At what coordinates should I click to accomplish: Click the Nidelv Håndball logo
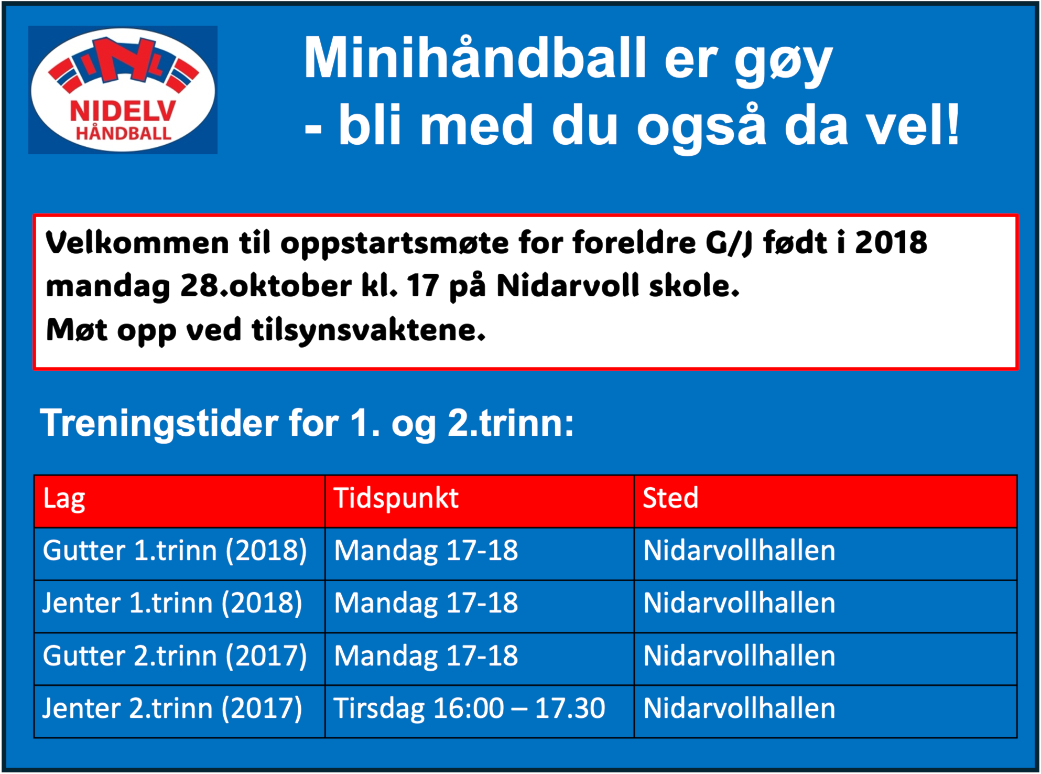click(123, 90)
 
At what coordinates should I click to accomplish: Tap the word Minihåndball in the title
click(475, 58)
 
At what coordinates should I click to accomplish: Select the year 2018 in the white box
click(891, 242)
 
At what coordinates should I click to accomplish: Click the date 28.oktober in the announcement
click(266, 286)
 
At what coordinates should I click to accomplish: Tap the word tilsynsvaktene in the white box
click(368, 331)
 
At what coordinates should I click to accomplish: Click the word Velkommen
click(137, 243)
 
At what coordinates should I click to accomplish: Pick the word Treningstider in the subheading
click(159, 423)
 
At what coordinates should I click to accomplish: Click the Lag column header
click(64, 499)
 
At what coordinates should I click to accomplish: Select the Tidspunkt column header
click(396, 498)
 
